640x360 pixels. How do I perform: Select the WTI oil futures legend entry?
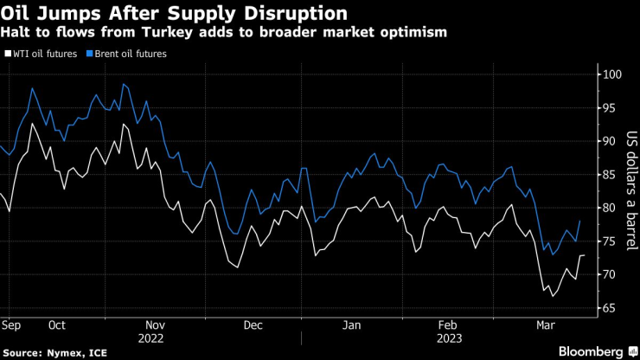point(43,54)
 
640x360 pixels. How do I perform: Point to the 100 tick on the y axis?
point(611,74)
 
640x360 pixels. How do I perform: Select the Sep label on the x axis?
point(12,326)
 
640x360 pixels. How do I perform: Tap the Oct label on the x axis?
point(58,326)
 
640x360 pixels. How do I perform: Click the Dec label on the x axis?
point(253,326)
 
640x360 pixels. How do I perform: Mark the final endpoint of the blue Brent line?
point(579,222)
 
